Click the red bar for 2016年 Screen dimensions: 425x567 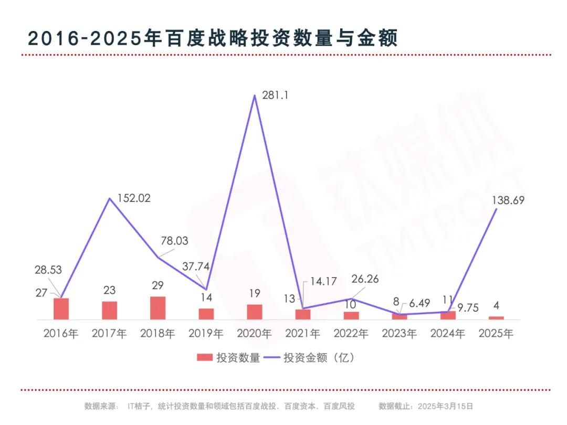61,309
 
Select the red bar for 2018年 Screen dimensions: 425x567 158,308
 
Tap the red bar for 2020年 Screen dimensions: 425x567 255,312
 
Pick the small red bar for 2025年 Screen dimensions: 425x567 496,317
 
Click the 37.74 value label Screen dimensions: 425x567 195,266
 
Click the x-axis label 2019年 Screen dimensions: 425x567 206,333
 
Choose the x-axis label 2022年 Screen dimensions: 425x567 351,333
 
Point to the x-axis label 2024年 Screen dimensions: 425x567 448,333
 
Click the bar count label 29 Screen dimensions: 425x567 157,286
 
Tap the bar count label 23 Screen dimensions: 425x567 109,290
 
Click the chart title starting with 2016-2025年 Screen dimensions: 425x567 213,39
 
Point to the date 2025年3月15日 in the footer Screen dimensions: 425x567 445,406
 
